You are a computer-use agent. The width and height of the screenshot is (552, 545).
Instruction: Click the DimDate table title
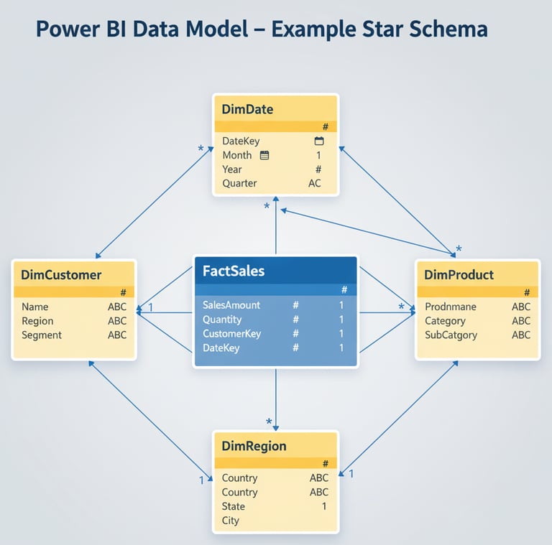(247, 110)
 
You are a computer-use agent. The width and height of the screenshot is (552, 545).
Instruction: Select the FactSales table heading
(234, 271)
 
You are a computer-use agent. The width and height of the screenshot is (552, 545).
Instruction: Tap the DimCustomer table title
(61, 274)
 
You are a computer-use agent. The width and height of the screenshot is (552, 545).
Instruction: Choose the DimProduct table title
(459, 274)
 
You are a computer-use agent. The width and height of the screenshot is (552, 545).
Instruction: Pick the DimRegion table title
(254, 446)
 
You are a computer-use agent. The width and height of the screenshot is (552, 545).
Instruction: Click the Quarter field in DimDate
(239, 183)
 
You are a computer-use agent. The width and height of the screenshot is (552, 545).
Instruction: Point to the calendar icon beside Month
(264, 155)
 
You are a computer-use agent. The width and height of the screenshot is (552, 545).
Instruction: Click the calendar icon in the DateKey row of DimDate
(319, 141)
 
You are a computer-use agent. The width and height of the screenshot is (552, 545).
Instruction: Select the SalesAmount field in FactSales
(231, 305)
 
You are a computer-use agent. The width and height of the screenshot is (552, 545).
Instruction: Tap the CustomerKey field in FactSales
(231, 334)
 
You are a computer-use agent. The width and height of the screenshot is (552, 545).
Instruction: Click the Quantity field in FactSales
(222, 320)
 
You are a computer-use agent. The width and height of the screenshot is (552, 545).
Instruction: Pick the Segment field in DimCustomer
(42, 335)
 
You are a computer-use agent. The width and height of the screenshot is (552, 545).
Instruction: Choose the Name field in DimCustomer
(35, 307)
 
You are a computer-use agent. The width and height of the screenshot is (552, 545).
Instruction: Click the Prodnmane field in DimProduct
(450, 307)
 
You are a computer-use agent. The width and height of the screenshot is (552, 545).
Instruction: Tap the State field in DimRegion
(234, 506)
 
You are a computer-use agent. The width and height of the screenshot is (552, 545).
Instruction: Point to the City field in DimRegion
(231, 521)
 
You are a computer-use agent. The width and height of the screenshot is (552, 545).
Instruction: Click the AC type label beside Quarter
(315, 183)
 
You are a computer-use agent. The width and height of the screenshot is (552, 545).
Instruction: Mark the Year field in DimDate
(232, 169)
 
